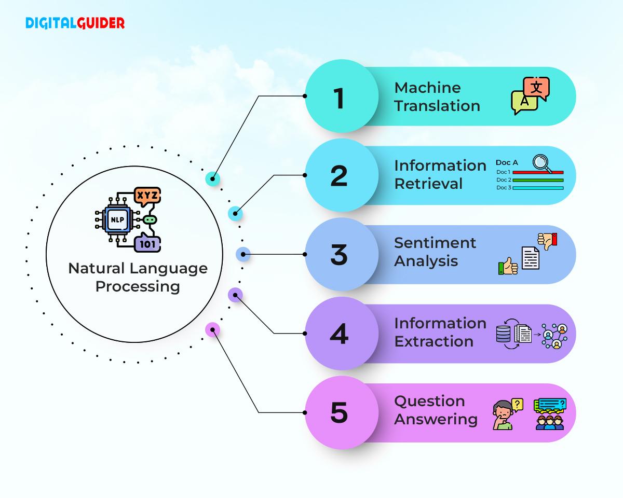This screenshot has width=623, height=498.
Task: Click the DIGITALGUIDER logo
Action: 75,23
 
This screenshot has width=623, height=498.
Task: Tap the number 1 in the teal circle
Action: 339,98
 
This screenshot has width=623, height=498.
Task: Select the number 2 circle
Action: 339,176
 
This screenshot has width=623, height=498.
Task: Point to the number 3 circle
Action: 339,255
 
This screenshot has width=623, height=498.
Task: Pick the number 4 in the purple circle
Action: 339,334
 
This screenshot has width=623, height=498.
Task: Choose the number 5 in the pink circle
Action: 339,413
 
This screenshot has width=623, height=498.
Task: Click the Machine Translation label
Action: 437,96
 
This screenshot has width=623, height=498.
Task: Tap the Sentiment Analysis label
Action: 435,252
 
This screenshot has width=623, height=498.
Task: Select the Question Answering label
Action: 436,410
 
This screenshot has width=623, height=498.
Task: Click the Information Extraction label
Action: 440,332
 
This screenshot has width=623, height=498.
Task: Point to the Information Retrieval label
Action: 440,174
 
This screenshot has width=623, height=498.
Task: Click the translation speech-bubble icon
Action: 530,96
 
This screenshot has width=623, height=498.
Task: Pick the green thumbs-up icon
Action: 508,267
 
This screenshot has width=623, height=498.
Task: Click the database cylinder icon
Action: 503,334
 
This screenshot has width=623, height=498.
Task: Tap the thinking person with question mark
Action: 505,414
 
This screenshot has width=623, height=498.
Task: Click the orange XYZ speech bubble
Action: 147,197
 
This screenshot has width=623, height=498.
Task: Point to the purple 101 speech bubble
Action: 147,243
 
